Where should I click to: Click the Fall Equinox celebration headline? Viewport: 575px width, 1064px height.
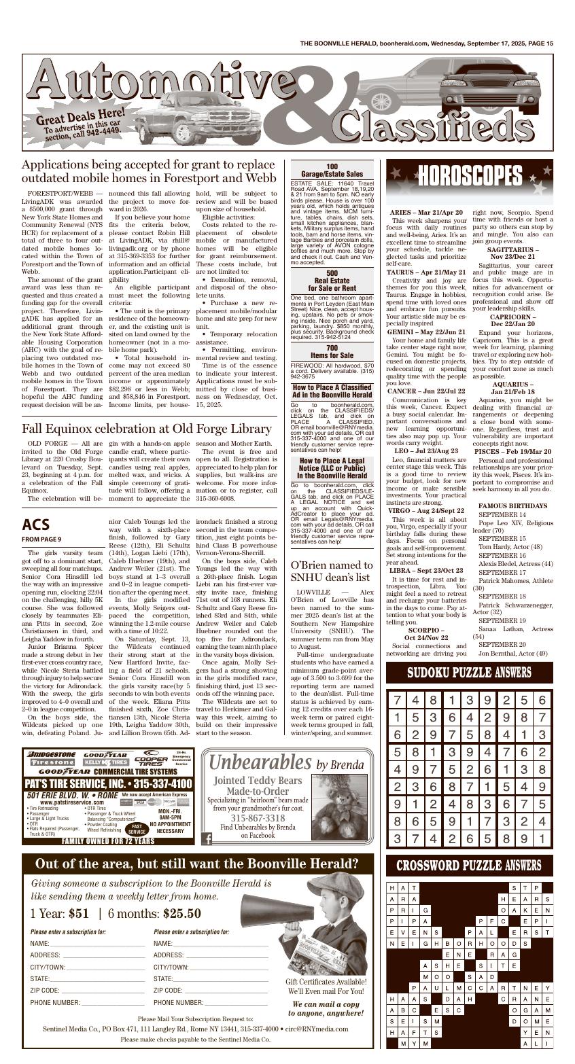pos(146,429)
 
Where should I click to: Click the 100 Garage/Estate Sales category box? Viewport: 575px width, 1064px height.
pos(332,171)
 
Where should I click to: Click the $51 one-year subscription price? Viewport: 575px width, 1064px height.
pos(79,913)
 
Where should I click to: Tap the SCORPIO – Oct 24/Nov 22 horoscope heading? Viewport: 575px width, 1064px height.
pos(426,634)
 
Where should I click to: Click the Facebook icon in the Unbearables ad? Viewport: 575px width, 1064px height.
pos(207,838)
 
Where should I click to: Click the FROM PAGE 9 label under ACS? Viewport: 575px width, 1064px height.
pos(41,539)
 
